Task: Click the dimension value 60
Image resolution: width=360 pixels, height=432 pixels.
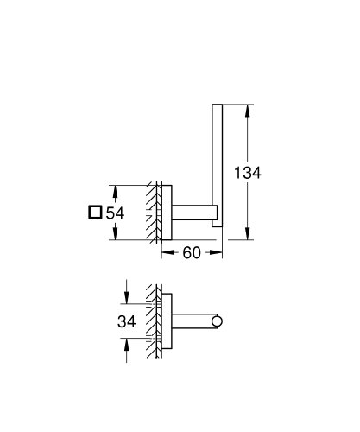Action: click(x=193, y=252)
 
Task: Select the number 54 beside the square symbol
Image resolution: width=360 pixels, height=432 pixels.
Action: click(x=117, y=213)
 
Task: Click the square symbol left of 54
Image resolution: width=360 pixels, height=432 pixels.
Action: click(x=96, y=213)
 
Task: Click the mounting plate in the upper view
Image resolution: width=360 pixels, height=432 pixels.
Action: click(x=168, y=212)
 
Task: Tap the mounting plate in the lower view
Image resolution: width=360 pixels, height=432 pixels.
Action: click(x=168, y=322)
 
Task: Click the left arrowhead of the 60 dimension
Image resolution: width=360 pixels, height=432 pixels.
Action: click(x=166, y=252)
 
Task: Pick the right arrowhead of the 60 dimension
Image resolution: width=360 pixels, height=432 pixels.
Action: click(x=222, y=252)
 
